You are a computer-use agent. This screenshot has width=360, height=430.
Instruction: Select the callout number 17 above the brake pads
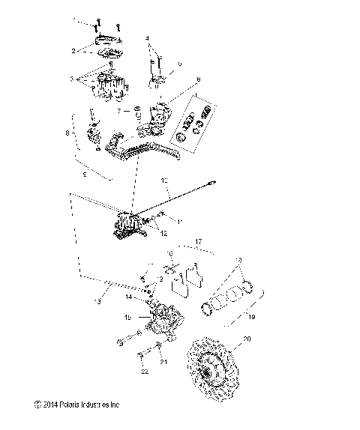click(x=198, y=241)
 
